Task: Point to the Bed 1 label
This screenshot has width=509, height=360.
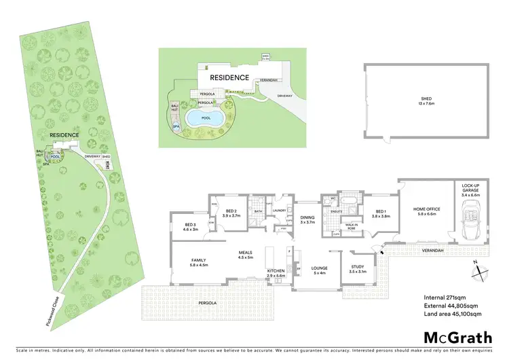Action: coord(382,213)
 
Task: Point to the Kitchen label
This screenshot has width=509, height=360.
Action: coord(276,272)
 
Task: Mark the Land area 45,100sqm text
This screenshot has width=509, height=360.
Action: coord(452,314)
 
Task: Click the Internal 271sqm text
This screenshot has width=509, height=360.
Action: coord(444,298)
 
